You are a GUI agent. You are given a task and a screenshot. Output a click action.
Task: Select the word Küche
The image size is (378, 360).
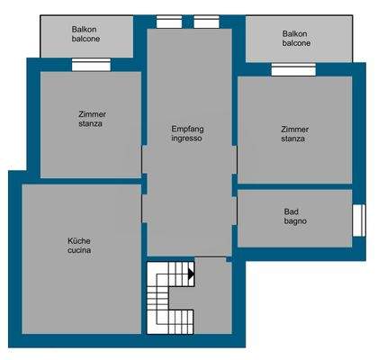pyautogui.click(x=79, y=240)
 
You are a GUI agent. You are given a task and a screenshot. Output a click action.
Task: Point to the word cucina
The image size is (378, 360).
pyautogui.click(x=79, y=251)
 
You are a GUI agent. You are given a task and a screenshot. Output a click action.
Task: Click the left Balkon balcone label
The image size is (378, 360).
pyautogui.click(x=85, y=34)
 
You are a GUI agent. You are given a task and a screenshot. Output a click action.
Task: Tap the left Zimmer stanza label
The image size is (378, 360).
pyautogui.click(x=90, y=118)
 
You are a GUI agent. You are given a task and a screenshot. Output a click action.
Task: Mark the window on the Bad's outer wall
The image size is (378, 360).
pyautogui.click(x=358, y=220)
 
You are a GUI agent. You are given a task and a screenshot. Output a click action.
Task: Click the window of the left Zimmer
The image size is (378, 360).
pyautogui.click(x=91, y=65)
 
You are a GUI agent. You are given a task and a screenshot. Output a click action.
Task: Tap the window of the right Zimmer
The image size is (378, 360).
pyautogui.click(x=293, y=70)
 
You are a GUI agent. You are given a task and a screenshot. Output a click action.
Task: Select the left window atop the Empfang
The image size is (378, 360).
pyautogui.click(x=168, y=22)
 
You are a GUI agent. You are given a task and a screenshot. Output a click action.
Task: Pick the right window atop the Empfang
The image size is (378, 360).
pyautogui.click(x=206, y=22)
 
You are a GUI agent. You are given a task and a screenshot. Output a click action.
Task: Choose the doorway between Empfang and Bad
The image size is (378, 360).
pyautogui.click(x=236, y=216)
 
